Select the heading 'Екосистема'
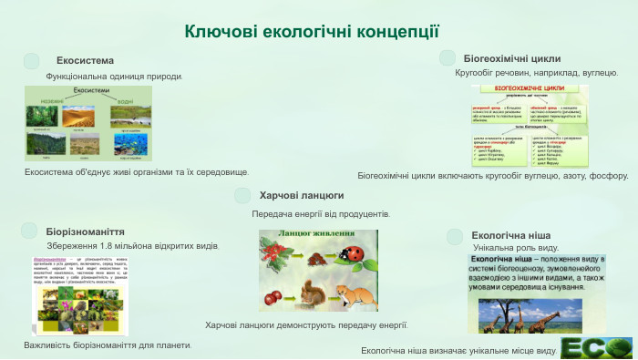coord(85,60)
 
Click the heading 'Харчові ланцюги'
coord(302,195)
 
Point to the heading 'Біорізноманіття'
coord(85,231)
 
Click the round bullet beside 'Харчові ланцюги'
coord(242,196)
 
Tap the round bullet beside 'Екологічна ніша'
coord(456,236)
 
